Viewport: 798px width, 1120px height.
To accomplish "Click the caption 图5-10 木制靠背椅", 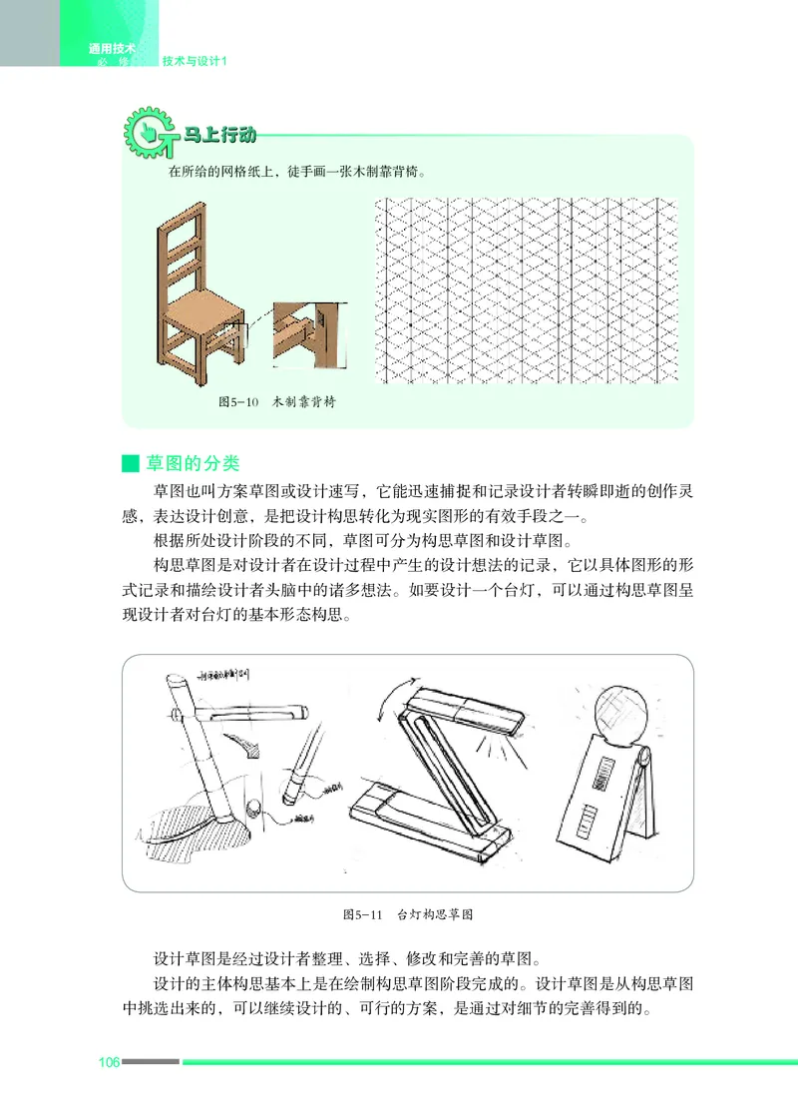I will click(276, 402).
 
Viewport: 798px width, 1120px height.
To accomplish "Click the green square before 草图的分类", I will click(128, 465).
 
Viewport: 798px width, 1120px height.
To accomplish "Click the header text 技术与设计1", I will click(196, 62).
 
